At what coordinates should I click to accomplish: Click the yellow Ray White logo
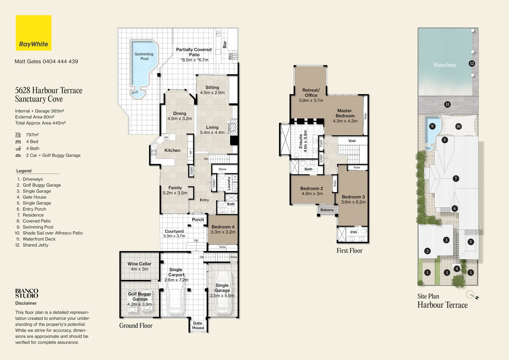[34, 33]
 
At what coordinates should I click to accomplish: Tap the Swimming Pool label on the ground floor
[144, 56]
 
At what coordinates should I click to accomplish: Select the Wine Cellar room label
[139, 264]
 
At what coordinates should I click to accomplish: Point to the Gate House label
[198, 325]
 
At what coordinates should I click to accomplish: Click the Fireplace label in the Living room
[229, 128]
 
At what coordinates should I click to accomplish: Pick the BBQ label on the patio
[230, 56]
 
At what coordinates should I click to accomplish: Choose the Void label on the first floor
[352, 141]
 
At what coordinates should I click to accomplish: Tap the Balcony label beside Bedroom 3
[327, 210]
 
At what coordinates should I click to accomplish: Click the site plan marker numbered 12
[472, 63]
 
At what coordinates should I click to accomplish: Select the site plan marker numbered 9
[432, 126]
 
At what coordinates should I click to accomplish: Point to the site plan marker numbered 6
[454, 208]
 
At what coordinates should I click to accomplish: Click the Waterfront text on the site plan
[444, 65]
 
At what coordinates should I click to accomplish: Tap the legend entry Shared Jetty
[32, 245]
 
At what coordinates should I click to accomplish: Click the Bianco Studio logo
[27, 293]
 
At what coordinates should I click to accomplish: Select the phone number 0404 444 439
[60, 61]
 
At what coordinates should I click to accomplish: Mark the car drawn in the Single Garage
[223, 293]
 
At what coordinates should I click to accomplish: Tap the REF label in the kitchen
[191, 152]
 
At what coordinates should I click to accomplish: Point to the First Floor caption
[349, 251]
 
